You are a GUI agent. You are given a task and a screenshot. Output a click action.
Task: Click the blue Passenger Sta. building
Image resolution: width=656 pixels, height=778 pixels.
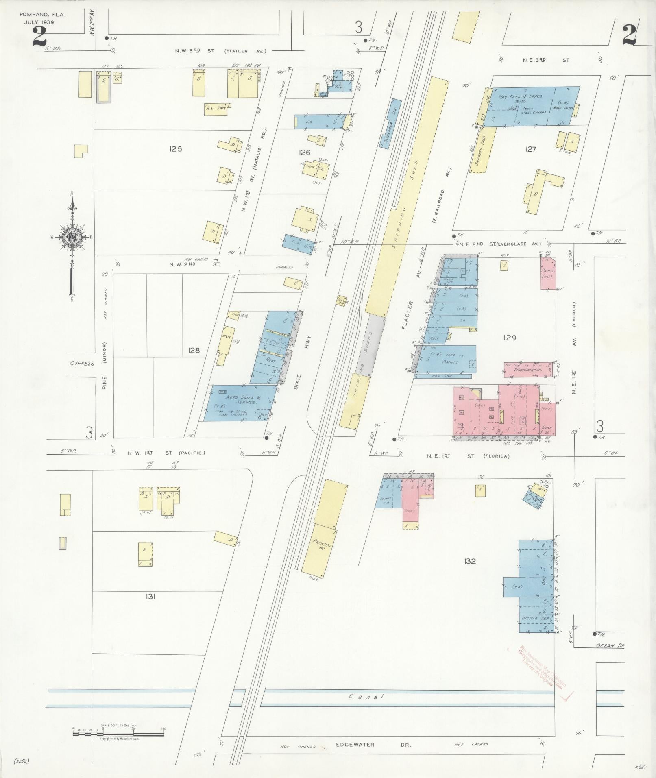390,123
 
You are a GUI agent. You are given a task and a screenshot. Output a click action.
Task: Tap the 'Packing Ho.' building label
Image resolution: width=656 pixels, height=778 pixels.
322,546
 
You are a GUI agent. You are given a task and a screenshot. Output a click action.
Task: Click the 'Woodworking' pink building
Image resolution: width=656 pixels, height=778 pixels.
527,370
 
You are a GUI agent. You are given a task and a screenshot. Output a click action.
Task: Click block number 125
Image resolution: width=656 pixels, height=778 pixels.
176,149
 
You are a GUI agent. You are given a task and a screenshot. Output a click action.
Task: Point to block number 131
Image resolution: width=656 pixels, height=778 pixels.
150,596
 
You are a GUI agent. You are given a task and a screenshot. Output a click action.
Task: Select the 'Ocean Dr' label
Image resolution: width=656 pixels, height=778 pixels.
609,657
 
